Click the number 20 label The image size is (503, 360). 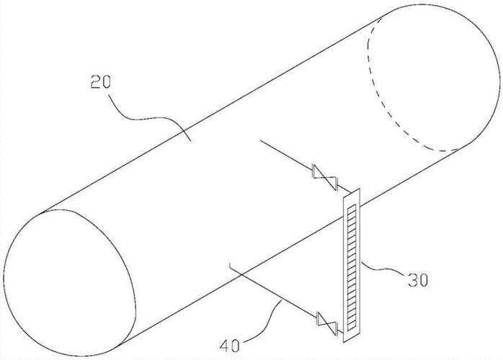[x=100, y=82]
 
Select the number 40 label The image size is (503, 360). [x=230, y=346]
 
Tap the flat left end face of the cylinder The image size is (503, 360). [x=69, y=282]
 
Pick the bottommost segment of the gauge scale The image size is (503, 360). [x=352, y=328]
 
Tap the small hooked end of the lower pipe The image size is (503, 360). [x=231, y=266]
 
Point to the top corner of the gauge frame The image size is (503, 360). [x=360, y=188]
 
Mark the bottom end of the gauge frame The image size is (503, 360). [x=344, y=342]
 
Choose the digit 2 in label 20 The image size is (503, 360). [x=95, y=82]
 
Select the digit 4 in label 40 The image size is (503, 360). [x=225, y=346]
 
